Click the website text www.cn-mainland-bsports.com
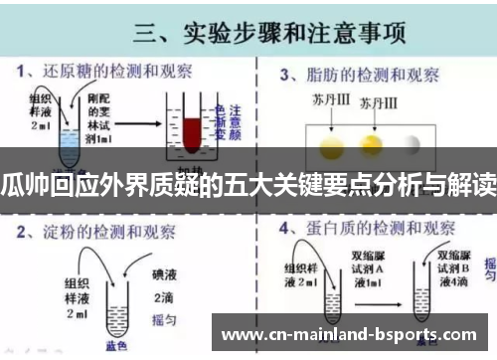pyautogui.click(x=353, y=330)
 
